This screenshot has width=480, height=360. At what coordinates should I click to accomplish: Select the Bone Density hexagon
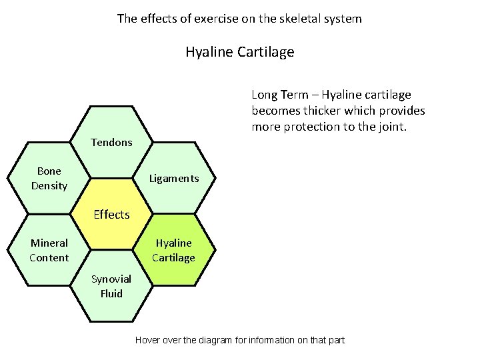tap(49, 178)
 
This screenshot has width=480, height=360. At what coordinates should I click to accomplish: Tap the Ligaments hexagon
tap(173, 178)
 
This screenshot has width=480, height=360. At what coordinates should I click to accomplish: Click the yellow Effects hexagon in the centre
tap(111, 214)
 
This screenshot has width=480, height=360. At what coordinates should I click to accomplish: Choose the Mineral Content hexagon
tap(49, 250)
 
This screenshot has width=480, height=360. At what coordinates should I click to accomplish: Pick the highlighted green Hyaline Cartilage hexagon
tap(173, 250)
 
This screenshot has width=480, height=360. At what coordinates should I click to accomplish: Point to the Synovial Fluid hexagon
tap(111, 286)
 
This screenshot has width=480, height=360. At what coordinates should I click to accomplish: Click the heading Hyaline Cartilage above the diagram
tap(239, 52)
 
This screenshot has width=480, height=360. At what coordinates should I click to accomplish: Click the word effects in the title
tap(157, 19)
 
